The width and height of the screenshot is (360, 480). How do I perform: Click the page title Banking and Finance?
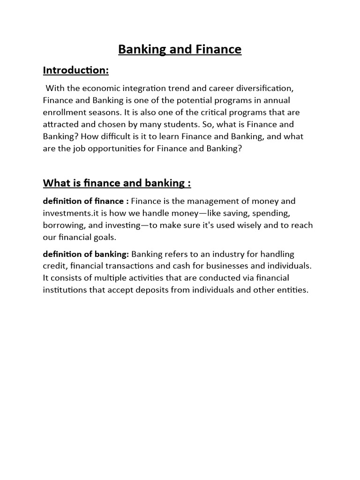tap(180, 49)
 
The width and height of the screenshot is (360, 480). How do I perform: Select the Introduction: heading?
tap(75, 70)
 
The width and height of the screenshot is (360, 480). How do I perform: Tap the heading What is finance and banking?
tap(117, 183)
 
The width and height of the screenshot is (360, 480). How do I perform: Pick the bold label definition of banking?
tap(86, 254)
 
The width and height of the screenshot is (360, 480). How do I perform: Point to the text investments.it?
tap(71, 213)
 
